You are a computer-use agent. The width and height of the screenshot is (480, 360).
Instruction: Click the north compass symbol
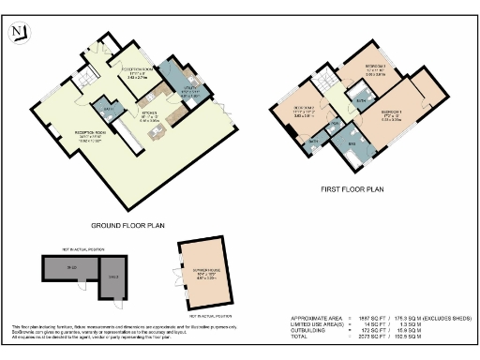19,34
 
